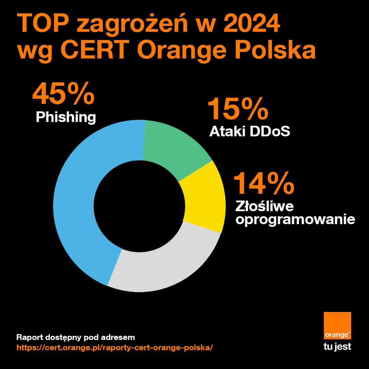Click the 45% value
pyautogui.click(x=63, y=94)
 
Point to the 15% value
pyautogui.click(x=238, y=109)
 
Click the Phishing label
pyautogui.click(x=66, y=117)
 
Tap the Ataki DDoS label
pyautogui.click(x=250, y=131)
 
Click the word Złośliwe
pyautogui.click(x=265, y=207)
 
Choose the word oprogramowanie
pyautogui.click(x=295, y=220)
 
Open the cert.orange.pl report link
pyautogui.click(x=115, y=347)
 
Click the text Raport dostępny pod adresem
pyautogui.click(x=76, y=338)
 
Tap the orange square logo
pyautogui.click(x=337, y=326)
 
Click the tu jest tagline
pyautogui.click(x=337, y=347)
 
